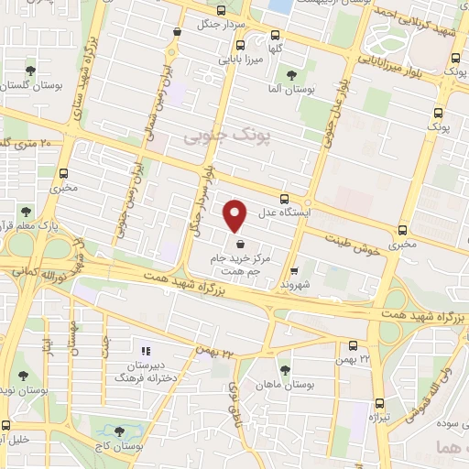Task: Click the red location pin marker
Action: pyautogui.click(x=236, y=215)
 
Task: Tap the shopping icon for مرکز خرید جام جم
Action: pyautogui.click(x=240, y=245)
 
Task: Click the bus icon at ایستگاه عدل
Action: pyautogui.click(x=284, y=198)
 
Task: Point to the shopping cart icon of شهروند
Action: pyautogui.click(x=293, y=271)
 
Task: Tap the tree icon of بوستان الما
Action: pyautogui.click(x=291, y=75)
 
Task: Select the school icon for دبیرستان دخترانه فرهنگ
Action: pyautogui.click(x=143, y=350)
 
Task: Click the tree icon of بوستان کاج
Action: pyautogui.click(x=122, y=430)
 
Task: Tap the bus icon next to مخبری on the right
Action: pyautogui.click(x=402, y=230)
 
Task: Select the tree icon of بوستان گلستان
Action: pyautogui.click(x=30, y=71)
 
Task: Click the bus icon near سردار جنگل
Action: pyautogui.click(x=175, y=32)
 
